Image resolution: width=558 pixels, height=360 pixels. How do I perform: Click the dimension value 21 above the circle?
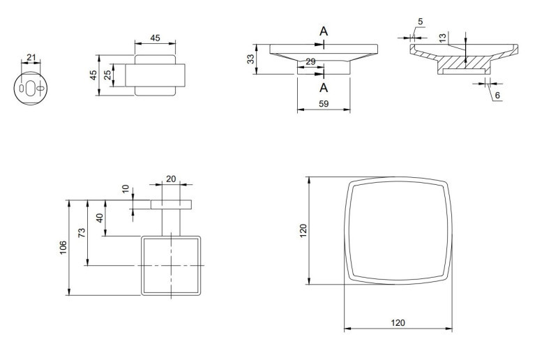pyautogui.click(x=31, y=57)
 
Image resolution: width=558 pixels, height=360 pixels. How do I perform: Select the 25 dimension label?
pyautogui.click(x=107, y=75)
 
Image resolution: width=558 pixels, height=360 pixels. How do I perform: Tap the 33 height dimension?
pyautogui.click(x=251, y=60)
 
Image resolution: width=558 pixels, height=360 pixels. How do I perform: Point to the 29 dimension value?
pyautogui.click(x=310, y=62)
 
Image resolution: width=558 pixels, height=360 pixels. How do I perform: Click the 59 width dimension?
pyautogui.click(x=324, y=104)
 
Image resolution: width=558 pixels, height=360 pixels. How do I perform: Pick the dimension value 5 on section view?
pyautogui.click(x=420, y=22)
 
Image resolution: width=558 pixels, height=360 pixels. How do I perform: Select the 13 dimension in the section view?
pyautogui.click(x=443, y=38)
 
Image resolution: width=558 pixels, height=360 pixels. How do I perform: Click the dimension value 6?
pyautogui.click(x=497, y=95)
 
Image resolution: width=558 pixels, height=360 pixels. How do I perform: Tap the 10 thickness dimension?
pyautogui.click(x=126, y=190)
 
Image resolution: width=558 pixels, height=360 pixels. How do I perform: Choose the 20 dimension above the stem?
pyautogui.click(x=171, y=179)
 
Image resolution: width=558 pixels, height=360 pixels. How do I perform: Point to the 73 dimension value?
pyautogui.click(x=82, y=232)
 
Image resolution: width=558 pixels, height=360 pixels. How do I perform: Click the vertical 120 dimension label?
pyautogui.click(x=303, y=230)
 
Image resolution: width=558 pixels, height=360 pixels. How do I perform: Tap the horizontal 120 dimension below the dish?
pyautogui.click(x=397, y=323)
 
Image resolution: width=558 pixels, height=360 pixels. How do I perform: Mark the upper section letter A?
pyautogui.click(x=324, y=31)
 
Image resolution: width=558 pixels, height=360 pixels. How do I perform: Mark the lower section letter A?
pyautogui.click(x=324, y=87)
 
